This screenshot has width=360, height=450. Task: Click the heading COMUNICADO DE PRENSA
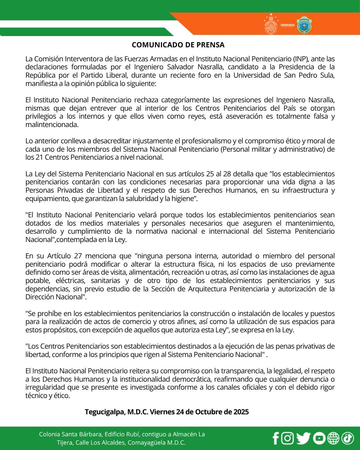[x=178, y=45]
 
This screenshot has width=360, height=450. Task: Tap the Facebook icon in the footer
[x=276, y=438]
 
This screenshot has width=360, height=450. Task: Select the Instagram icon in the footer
[x=288, y=438]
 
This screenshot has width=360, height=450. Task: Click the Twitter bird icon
[x=303, y=438]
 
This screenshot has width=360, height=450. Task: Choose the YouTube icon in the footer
[x=319, y=438]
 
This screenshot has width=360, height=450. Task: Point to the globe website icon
[x=333, y=438]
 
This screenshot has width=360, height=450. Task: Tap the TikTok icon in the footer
[x=347, y=438]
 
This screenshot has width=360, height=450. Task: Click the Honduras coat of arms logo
[x=271, y=24]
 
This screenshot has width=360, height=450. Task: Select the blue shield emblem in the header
[x=304, y=25]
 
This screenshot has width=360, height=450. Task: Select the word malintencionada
[x=52, y=125]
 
